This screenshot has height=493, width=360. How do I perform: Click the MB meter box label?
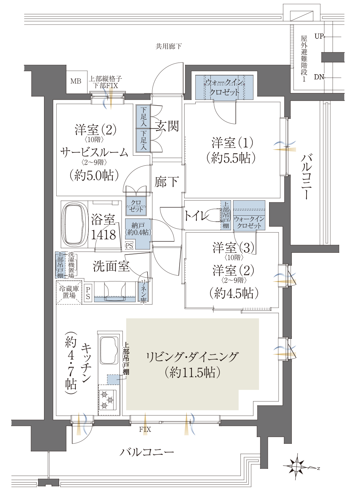coord(76,81)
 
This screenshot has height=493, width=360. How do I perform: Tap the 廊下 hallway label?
coord(166,182)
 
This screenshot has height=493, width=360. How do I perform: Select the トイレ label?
coord(196,216)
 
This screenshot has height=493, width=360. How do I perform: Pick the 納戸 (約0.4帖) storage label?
coord(138,229)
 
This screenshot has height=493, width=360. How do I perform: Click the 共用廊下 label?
coord(168,46)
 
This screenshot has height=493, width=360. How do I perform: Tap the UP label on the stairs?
coord(319,36)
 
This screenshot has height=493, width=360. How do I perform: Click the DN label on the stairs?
coord(319,77)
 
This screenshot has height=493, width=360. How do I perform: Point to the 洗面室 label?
coord(111,266)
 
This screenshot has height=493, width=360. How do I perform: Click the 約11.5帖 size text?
coord(192,373)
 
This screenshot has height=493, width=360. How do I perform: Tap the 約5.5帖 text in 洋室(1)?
coord(231,158)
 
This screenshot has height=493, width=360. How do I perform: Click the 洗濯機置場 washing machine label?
coord(71,265)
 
